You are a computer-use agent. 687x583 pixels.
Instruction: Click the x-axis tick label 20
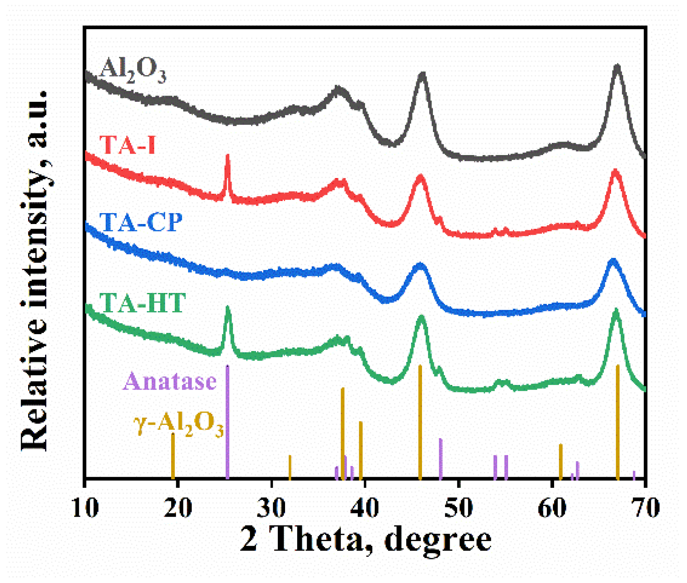178,507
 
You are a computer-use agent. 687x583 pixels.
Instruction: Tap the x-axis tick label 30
271,507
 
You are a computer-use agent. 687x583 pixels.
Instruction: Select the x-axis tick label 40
365,507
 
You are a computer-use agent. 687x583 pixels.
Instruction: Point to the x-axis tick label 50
458,507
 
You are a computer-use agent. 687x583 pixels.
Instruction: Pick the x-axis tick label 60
552,507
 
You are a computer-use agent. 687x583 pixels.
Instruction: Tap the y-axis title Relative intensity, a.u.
35,270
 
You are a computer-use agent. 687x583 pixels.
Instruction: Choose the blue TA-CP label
141,222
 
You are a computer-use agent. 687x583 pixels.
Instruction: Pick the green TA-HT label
142,302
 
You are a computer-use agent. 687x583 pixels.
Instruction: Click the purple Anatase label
170,381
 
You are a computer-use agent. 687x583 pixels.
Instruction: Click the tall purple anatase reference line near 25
227,420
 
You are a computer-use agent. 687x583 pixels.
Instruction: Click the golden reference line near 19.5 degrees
173,456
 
